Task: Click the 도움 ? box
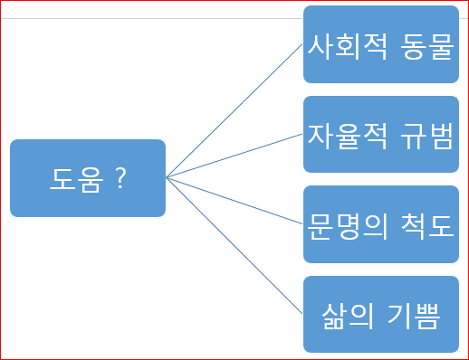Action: coord(88,178)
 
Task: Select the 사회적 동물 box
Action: coord(380,43)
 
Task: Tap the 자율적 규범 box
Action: coord(380,134)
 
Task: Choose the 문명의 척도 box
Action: coord(380,224)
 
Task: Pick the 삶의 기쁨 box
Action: coord(380,315)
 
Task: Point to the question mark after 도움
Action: coord(120,179)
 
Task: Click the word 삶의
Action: coord(348,316)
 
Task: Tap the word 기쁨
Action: coord(416,316)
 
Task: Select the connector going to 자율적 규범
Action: coord(234,156)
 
